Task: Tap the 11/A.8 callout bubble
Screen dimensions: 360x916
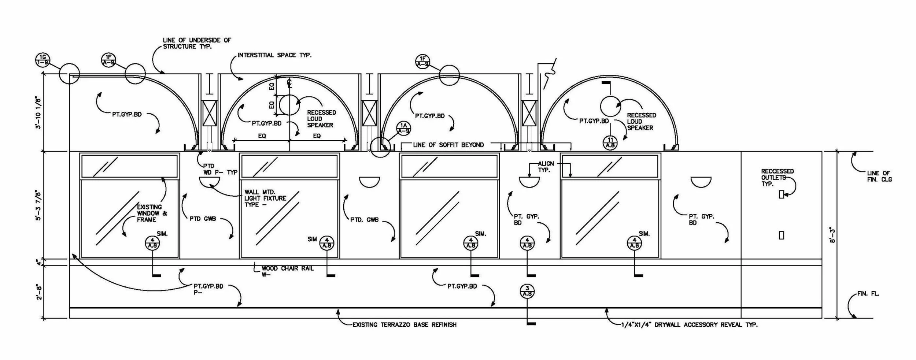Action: pos(610,142)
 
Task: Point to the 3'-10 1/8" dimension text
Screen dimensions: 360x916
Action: pos(38,112)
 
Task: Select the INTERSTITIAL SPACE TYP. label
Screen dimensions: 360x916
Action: pos(274,55)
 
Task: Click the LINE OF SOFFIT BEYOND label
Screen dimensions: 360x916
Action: pos(448,145)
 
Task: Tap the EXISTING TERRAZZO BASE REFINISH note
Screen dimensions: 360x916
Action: pos(404,325)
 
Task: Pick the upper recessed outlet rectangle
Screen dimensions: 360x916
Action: pos(781,195)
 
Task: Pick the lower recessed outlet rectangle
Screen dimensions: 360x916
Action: pos(781,235)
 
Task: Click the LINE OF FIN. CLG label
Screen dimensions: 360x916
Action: pos(879,176)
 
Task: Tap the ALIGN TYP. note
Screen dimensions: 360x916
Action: pos(546,167)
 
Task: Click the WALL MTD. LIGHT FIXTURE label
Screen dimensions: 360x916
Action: pos(265,198)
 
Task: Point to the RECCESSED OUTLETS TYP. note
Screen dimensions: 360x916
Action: pos(777,178)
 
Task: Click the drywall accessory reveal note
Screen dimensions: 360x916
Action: pos(689,325)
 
